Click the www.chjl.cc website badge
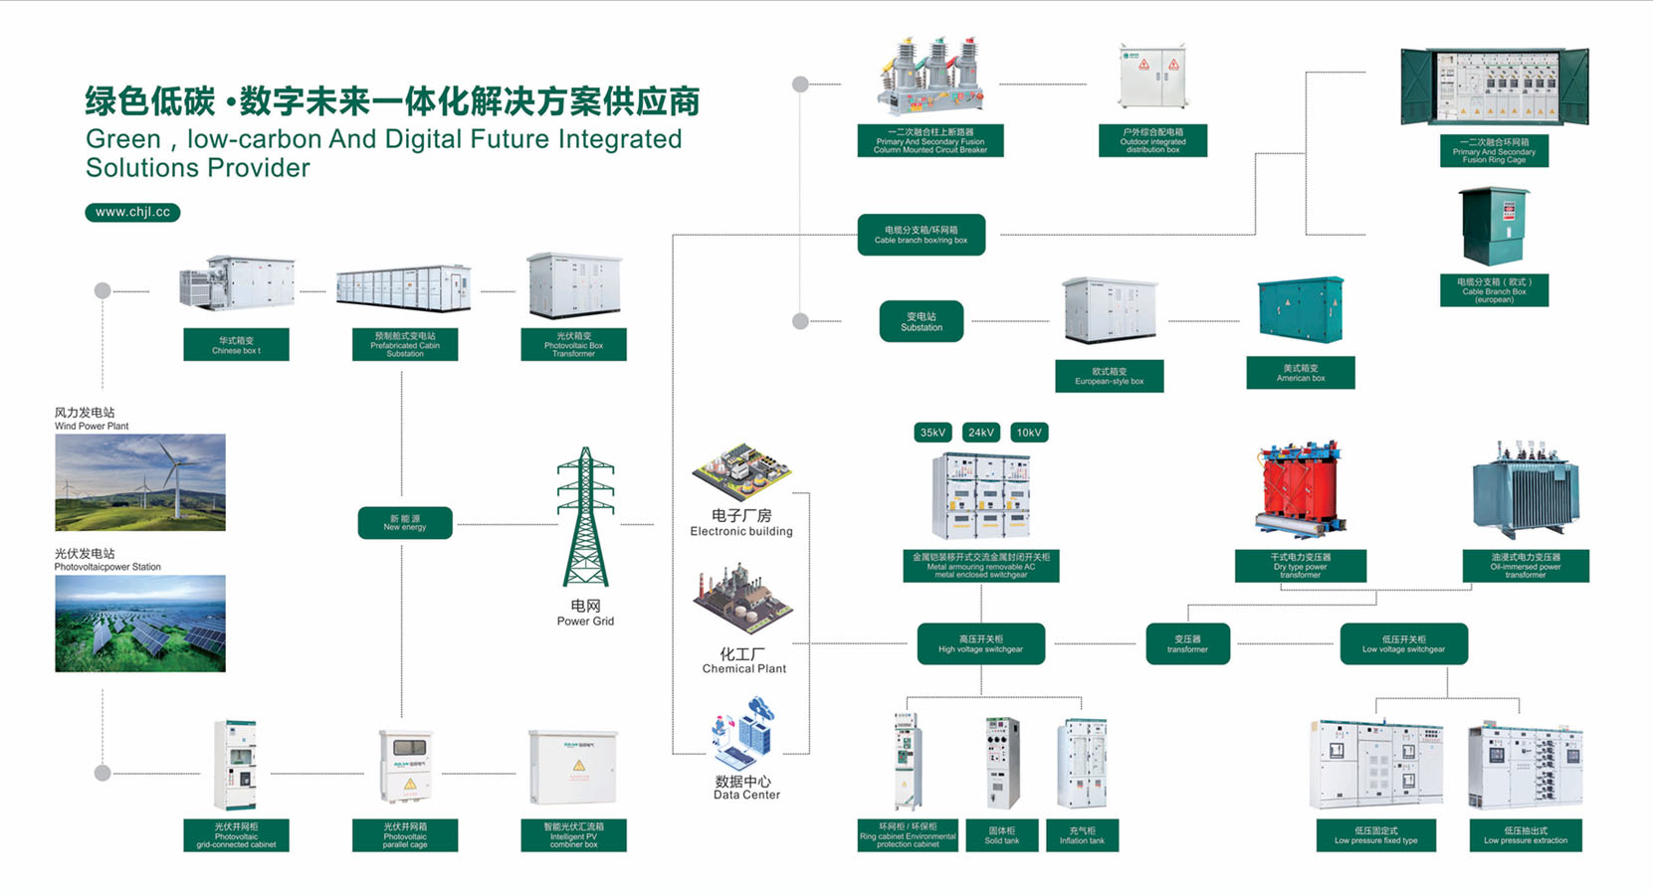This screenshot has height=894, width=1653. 132,212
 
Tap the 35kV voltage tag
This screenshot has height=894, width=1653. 932,433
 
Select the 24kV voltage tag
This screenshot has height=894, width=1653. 980,433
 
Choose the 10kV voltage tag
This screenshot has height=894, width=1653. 1029,433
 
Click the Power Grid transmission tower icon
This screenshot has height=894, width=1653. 585,517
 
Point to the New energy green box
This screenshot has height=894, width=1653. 405,523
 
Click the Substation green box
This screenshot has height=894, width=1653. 921,321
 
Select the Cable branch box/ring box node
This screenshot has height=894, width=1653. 921,235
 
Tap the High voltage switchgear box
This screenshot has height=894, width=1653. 980,643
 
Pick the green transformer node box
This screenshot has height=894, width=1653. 1187,643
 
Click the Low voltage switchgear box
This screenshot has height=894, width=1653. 1403,643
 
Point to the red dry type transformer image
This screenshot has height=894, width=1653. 1300,490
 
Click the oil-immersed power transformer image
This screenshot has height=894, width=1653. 1525,490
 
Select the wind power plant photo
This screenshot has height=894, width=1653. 140,482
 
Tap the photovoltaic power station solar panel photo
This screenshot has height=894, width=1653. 140,624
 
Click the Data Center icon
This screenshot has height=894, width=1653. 743,734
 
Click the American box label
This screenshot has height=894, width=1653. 1300,373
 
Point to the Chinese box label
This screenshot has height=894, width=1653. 236,345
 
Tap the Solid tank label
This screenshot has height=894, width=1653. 1001,835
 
